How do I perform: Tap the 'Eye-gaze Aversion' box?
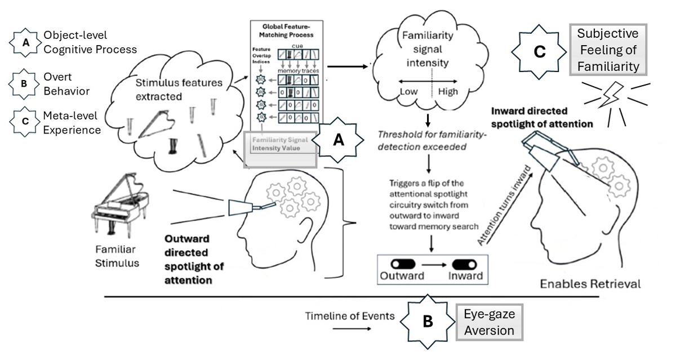(x=489, y=323)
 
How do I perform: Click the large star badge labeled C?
(x=539, y=52)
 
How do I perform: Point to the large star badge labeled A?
(x=339, y=141)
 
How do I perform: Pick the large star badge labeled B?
(x=428, y=322)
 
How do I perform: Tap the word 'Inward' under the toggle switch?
(x=465, y=276)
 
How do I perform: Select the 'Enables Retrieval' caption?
(x=590, y=283)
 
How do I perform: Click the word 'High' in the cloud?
(x=448, y=92)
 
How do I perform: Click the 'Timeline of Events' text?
(x=350, y=316)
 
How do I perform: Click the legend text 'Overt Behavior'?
(x=66, y=84)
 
